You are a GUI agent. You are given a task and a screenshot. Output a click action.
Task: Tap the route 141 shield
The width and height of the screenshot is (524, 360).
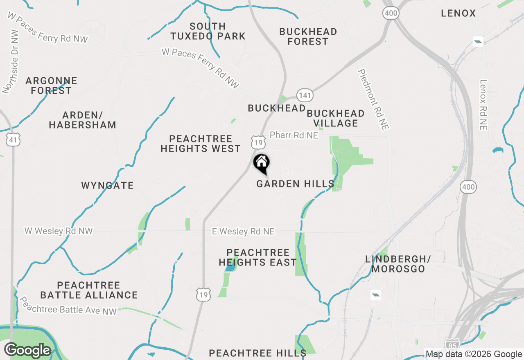tap(305, 95)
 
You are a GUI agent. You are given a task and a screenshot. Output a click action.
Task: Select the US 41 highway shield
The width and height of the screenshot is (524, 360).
tap(14, 140)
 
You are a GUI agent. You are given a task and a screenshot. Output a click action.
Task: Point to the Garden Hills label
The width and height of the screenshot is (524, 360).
tap(295, 184)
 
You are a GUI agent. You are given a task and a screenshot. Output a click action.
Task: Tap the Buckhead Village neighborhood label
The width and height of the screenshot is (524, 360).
tap(336, 118)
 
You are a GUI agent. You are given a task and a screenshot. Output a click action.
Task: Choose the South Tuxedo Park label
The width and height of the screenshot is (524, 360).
tap(208, 31)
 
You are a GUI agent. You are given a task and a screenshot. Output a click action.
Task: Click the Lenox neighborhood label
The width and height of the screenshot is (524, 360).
tap(458, 13)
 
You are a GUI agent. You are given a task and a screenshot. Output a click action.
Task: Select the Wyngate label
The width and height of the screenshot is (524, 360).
tap(108, 186)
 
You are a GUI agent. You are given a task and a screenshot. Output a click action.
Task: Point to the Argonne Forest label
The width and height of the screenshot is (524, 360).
tap(51, 85)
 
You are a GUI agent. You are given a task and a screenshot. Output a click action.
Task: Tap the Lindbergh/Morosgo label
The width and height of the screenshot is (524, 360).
tap(398, 264)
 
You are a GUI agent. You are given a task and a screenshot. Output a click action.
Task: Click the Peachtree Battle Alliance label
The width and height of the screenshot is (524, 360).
tap(89, 290)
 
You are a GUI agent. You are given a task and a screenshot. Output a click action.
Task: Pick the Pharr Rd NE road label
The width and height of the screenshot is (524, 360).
tap(294, 135)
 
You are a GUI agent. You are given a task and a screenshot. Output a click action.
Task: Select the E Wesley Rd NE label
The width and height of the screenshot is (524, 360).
tap(243, 232)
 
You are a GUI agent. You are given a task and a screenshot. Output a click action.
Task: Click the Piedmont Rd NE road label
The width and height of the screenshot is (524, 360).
tap(373, 99)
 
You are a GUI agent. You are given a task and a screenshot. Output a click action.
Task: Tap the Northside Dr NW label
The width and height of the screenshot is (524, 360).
tap(11, 61)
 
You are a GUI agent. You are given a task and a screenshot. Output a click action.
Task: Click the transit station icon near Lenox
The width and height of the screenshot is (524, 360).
tap(478, 41)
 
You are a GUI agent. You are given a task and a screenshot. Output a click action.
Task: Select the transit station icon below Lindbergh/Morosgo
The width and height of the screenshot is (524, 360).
tap(376, 295)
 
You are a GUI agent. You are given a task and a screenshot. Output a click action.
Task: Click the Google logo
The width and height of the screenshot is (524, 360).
tap(27, 351)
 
